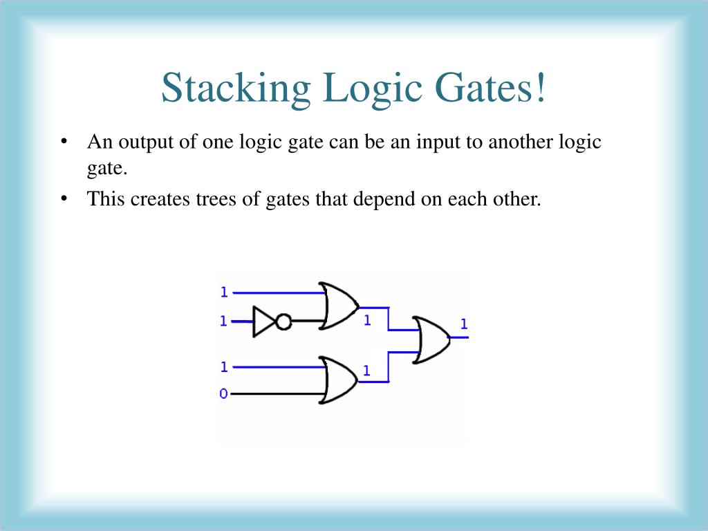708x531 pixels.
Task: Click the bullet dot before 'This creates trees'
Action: [x=64, y=199]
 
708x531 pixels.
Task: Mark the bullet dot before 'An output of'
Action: [x=64, y=142]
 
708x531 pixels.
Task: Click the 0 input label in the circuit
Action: [x=223, y=393]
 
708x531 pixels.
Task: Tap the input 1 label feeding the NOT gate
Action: [x=223, y=321]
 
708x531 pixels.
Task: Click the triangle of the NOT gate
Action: [x=263, y=322]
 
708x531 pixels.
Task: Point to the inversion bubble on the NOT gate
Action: [x=283, y=322]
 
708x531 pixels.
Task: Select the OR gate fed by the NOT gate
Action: [x=339, y=306]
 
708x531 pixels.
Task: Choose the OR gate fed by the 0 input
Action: [x=339, y=380]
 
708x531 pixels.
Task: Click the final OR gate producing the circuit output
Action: [x=430, y=339]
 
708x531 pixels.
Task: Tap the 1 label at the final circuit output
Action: [x=464, y=324]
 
